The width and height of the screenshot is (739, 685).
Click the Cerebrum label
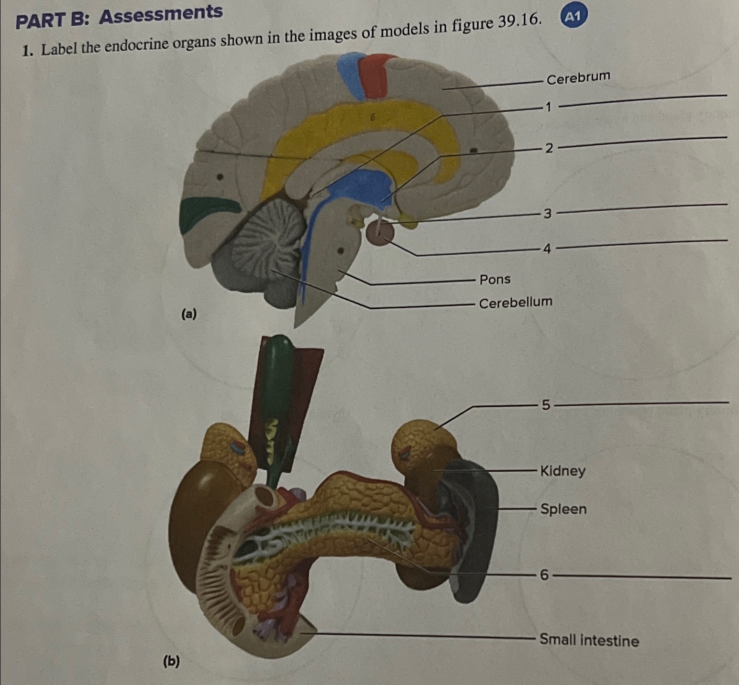click(x=578, y=77)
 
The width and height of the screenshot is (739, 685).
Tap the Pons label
click(x=495, y=279)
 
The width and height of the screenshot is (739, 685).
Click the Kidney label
click(x=563, y=471)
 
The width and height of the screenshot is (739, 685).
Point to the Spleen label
click(x=563, y=509)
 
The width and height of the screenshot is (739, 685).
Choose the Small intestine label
click(x=589, y=640)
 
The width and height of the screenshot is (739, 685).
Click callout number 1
click(x=549, y=107)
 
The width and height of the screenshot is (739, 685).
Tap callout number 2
click(x=549, y=148)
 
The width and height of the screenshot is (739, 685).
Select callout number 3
click(x=548, y=213)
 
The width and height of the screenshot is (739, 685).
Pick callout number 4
click(x=547, y=249)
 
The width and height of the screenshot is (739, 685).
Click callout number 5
click(x=546, y=405)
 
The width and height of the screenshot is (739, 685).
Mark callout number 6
click(x=544, y=575)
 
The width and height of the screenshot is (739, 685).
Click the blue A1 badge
click(x=573, y=17)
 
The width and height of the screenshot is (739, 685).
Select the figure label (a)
click(x=188, y=314)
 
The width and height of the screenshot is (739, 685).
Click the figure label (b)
click(x=171, y=661)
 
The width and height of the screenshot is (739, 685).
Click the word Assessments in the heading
click(x=161, y=15)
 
